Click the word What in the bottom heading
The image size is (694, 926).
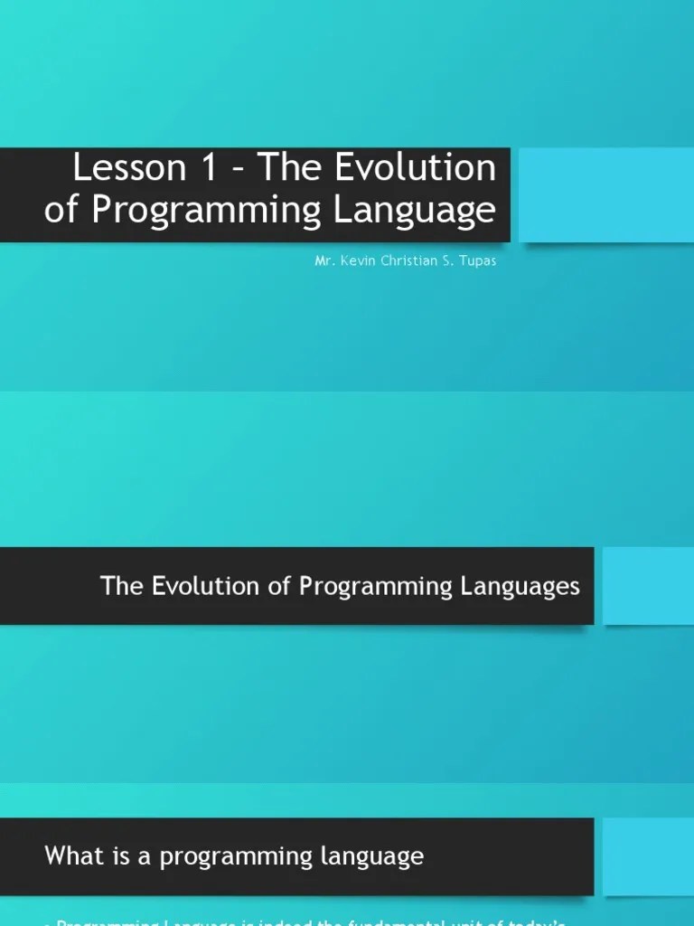point(74,855)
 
